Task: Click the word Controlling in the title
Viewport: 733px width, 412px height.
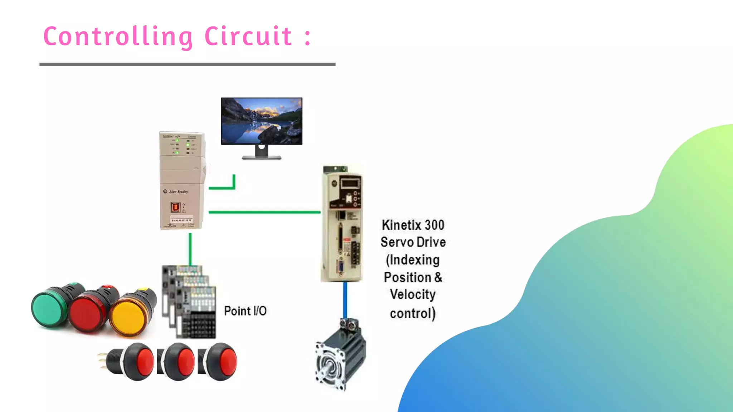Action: point(118,36)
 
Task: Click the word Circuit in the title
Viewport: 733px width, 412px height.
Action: point(248,36)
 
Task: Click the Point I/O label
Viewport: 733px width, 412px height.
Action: point(245,311)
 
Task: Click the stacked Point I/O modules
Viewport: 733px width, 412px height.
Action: point(190,302)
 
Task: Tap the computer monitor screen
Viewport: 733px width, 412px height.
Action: point(262,121)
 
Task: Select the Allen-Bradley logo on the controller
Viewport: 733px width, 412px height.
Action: point(176,192)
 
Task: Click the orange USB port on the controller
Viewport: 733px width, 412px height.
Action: point(175,207)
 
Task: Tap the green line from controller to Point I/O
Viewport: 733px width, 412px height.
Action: point(190,249)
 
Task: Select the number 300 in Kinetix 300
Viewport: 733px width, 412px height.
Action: point(434,225)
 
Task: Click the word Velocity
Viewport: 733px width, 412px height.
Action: point(413,295)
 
